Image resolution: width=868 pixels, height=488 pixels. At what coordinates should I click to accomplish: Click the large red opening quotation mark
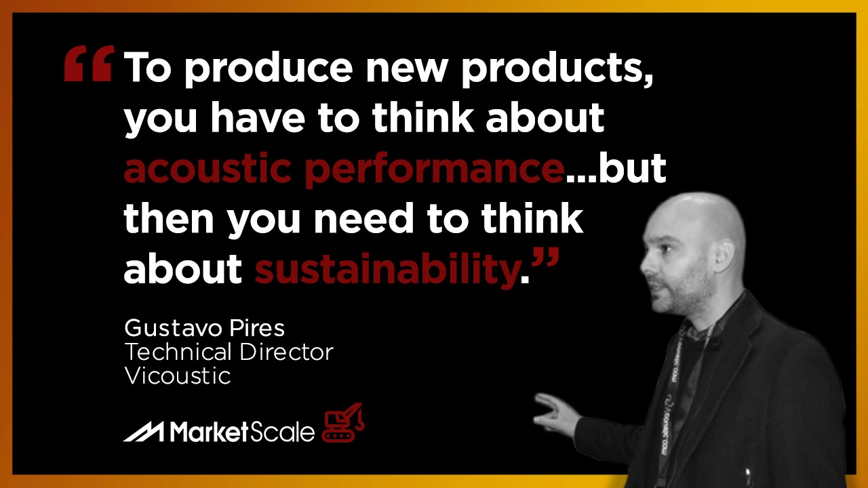point(89,64)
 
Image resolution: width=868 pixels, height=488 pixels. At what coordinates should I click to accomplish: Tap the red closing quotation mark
point(545,258)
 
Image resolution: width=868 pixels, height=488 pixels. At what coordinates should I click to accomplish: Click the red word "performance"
point(434,170)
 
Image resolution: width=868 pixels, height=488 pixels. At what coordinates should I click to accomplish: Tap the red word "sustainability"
point(387,269)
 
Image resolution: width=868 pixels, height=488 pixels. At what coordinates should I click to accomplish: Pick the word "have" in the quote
point(257,117)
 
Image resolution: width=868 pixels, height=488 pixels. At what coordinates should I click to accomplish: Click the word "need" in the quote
point(364,218)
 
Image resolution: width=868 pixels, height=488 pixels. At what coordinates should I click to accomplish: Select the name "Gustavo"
point(173,329)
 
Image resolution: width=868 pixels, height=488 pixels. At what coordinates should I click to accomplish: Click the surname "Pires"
point(257,329)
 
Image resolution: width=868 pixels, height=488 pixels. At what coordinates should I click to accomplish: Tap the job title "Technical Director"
point(229,352)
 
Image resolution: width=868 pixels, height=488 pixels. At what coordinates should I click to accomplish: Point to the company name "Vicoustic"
point(178,375)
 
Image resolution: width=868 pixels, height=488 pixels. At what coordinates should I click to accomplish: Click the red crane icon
point(343,422)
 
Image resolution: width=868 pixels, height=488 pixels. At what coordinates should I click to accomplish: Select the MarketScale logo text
point(242,431)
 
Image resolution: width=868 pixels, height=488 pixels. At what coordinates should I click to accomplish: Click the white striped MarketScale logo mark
point(144,431)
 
